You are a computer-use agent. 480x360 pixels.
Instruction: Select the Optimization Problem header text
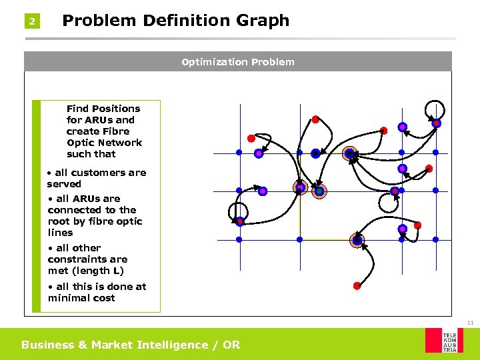point(238,62)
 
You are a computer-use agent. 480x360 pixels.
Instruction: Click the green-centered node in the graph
point(319,191)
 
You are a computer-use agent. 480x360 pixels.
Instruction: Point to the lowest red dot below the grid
point(357,286)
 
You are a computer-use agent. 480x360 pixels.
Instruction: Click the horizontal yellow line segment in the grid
point(327,239)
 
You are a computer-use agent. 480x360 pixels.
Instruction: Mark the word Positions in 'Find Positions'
point(117,109)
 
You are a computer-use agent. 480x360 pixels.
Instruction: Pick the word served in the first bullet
point(64,184)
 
